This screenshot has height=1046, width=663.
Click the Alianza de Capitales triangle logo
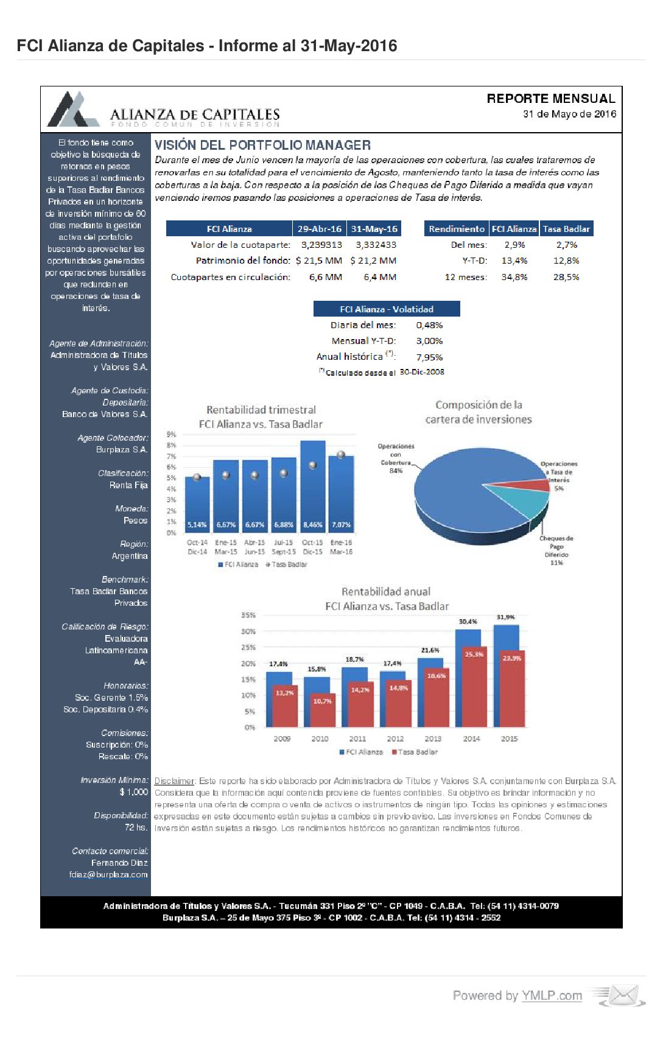click(73, 110)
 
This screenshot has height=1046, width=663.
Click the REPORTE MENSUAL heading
click(550, 99)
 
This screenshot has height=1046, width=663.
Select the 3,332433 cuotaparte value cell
click(376, 245)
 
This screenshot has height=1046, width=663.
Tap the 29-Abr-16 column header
click(319, 229)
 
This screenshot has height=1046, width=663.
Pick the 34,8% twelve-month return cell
click(514, 277)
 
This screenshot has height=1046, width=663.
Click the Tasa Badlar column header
click(566, 229)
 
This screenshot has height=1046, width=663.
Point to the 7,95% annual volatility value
click(429, 357)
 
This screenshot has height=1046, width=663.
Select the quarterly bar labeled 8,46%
click(313, 487)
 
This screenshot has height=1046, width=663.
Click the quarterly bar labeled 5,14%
click(197, 505)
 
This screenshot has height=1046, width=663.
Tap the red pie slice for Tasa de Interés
click(538, 485)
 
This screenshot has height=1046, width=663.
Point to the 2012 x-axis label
click(395, 739)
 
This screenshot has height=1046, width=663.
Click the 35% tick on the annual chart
click(248, 616)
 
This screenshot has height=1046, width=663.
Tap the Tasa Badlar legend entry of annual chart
click(415, 752)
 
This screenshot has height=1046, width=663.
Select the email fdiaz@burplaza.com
click(108, 875)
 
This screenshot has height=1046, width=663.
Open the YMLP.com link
click(552, 996)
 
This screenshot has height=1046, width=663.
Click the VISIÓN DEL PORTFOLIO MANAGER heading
click(262, 145)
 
